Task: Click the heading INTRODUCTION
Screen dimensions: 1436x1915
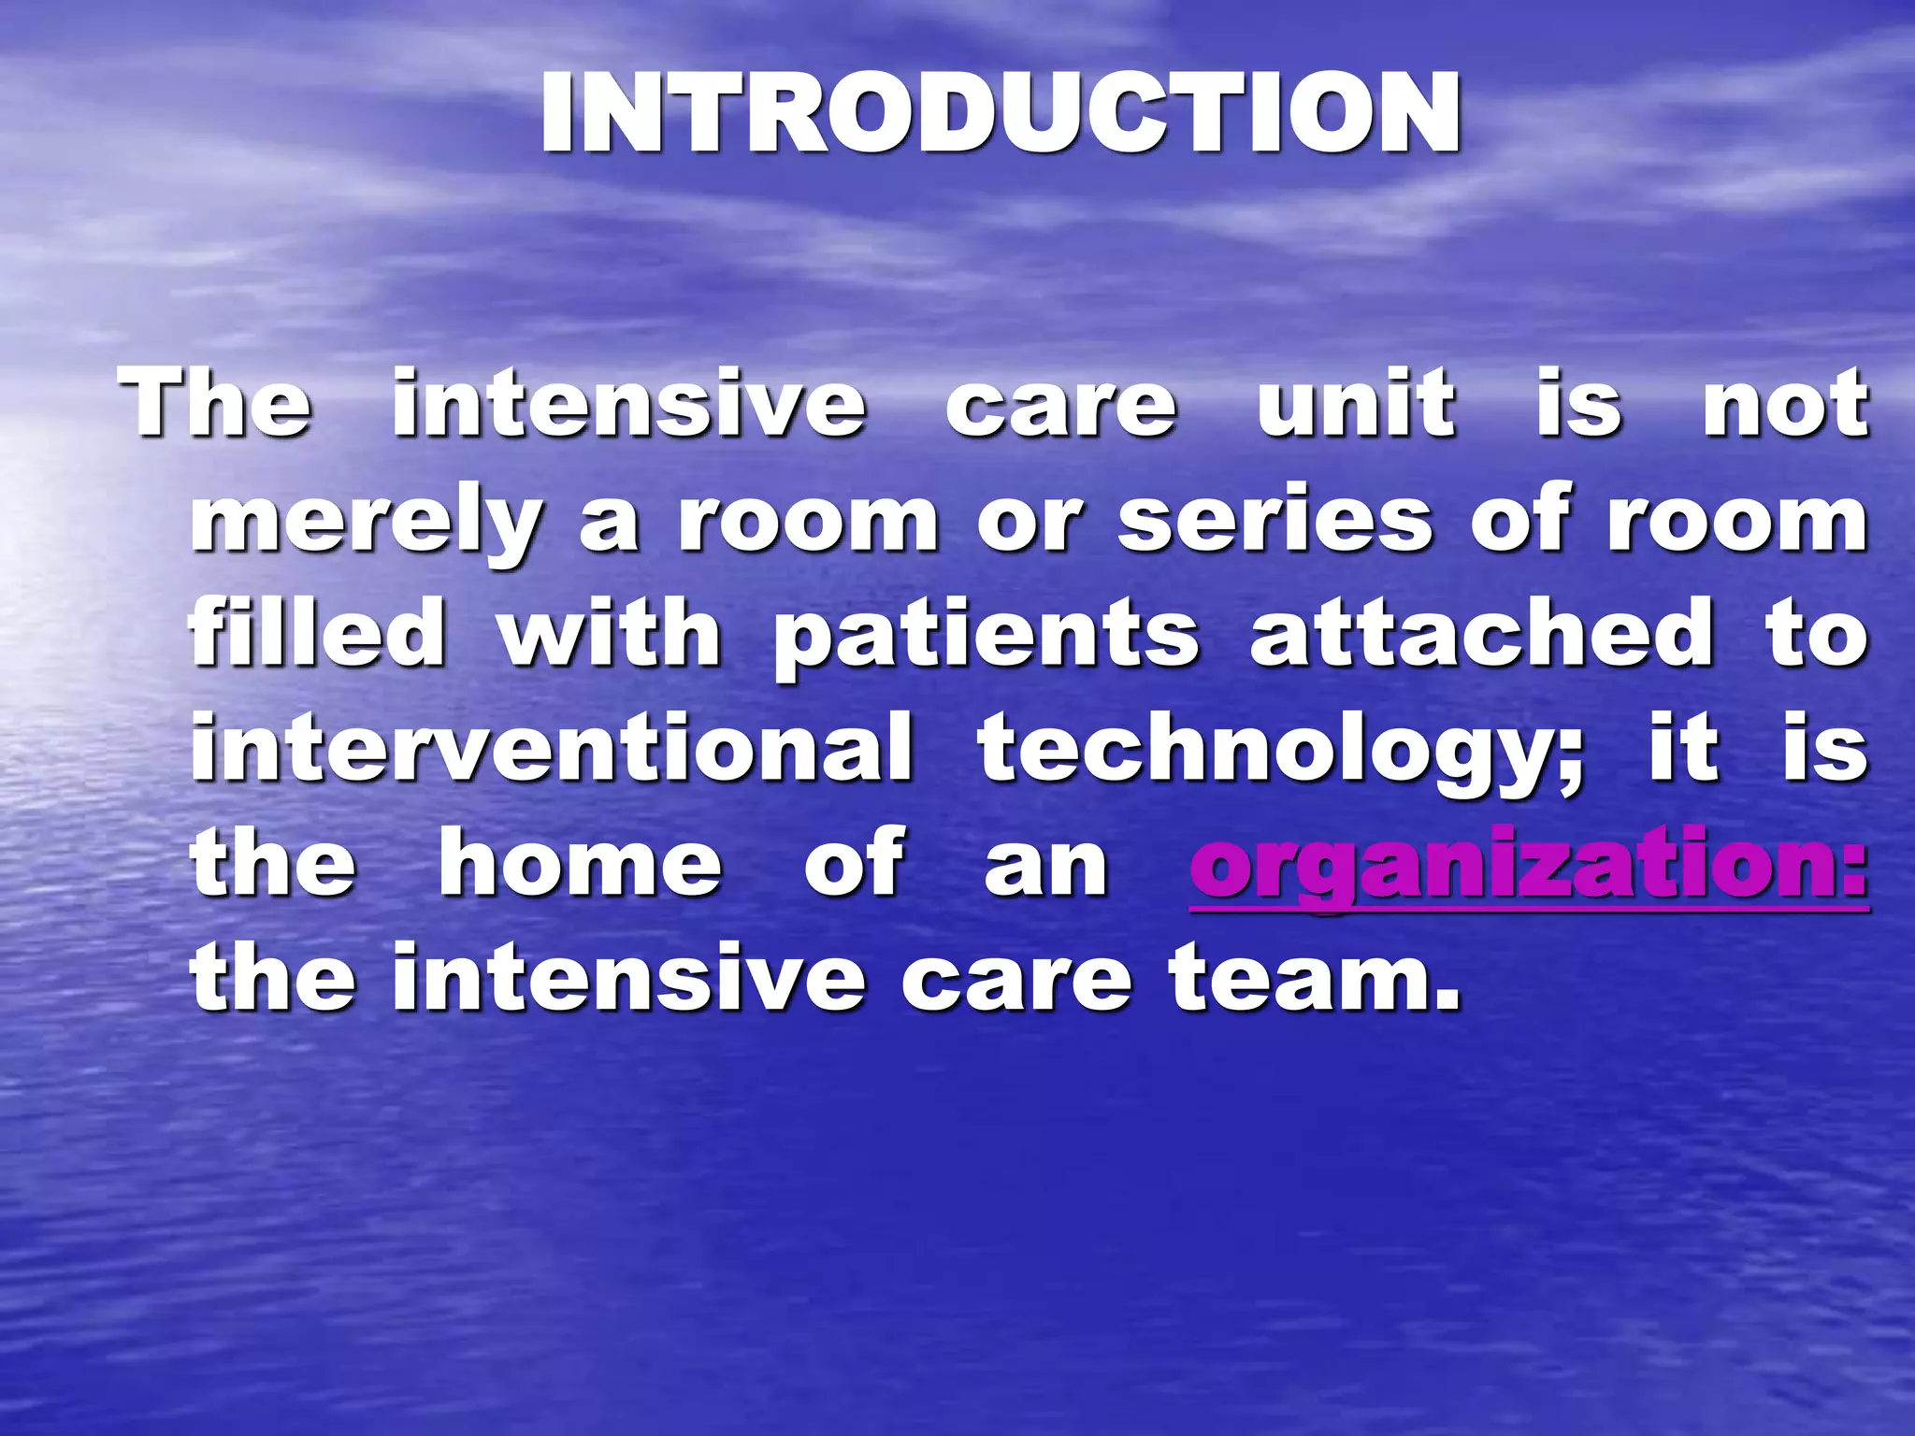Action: [x=1000, y=114]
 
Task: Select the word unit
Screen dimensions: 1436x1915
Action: [x=1357, y=404]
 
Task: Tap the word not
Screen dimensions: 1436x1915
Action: [x=1785, y=404]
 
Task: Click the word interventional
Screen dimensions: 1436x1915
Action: [x=552, y=749]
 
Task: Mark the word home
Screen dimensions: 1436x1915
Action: [x=581, y=864]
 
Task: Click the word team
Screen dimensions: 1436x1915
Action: [x=1314, y=979]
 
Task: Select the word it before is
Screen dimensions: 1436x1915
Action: [x=1684, y=749]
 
